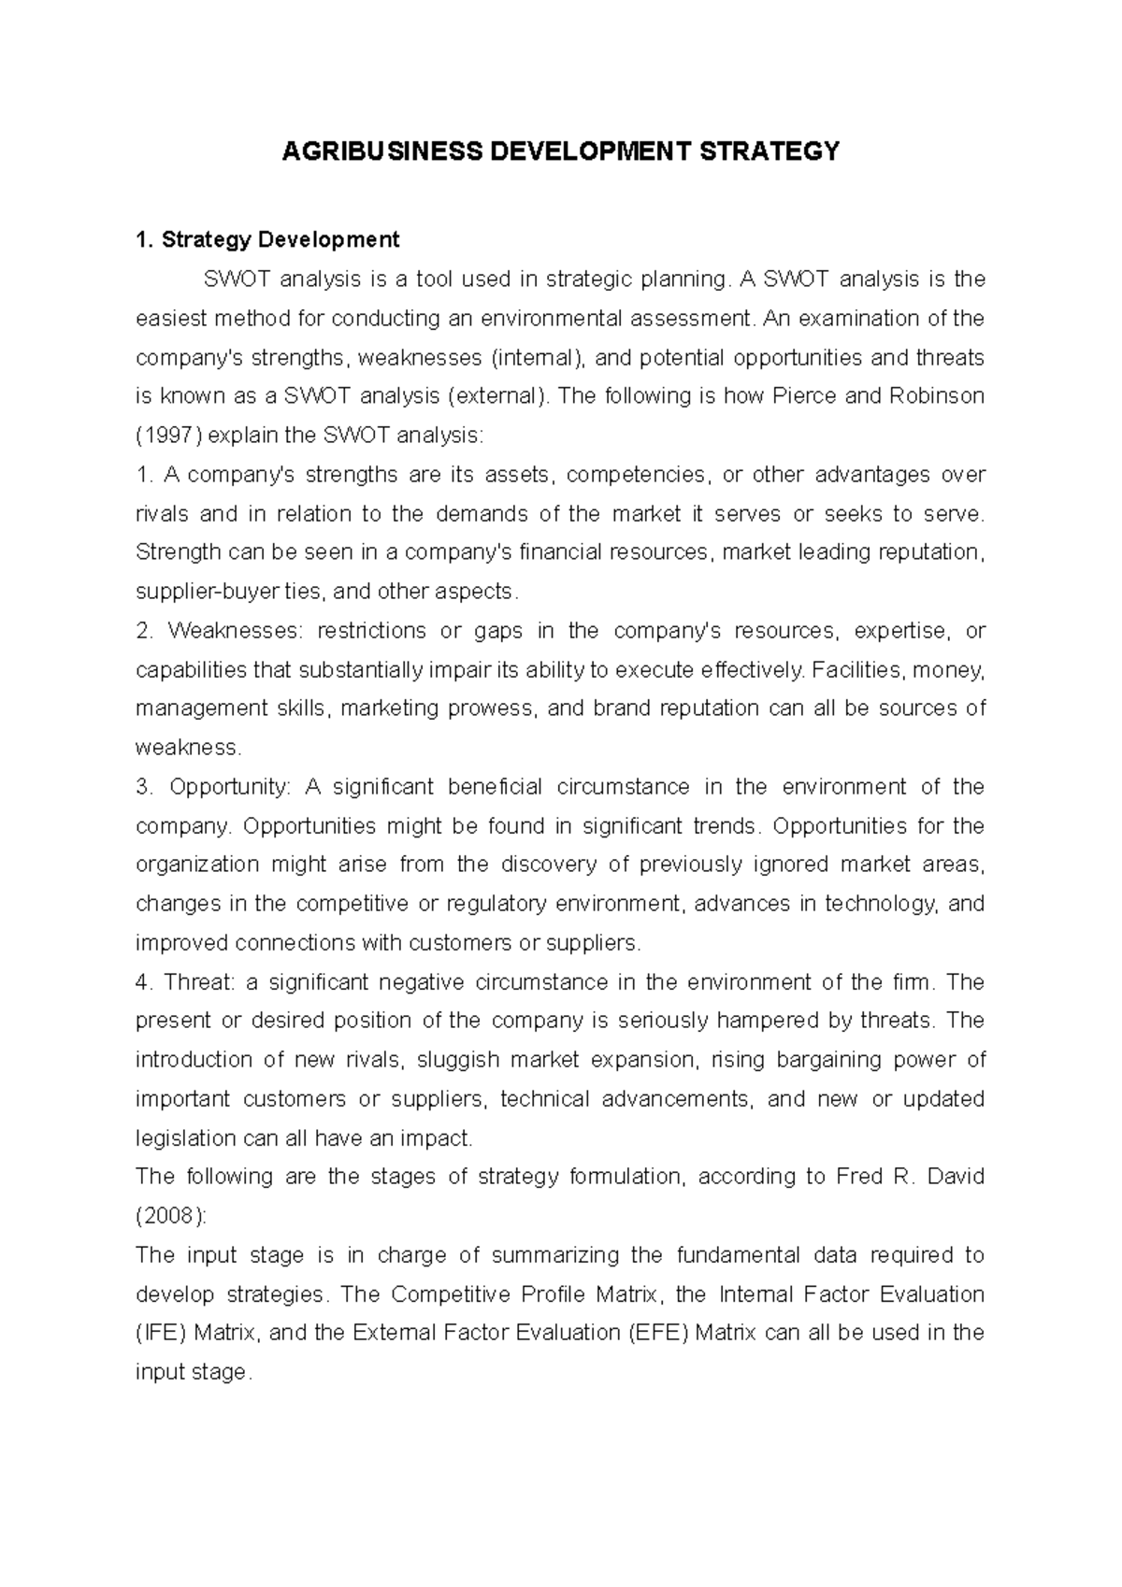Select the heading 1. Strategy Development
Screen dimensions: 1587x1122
pyautogui.click(x=267, y=240)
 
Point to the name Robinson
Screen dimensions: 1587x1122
pyautogui.click(x=942, y=396)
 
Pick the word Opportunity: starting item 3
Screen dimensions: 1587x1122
pyautogui.click(x=230, y=787)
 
